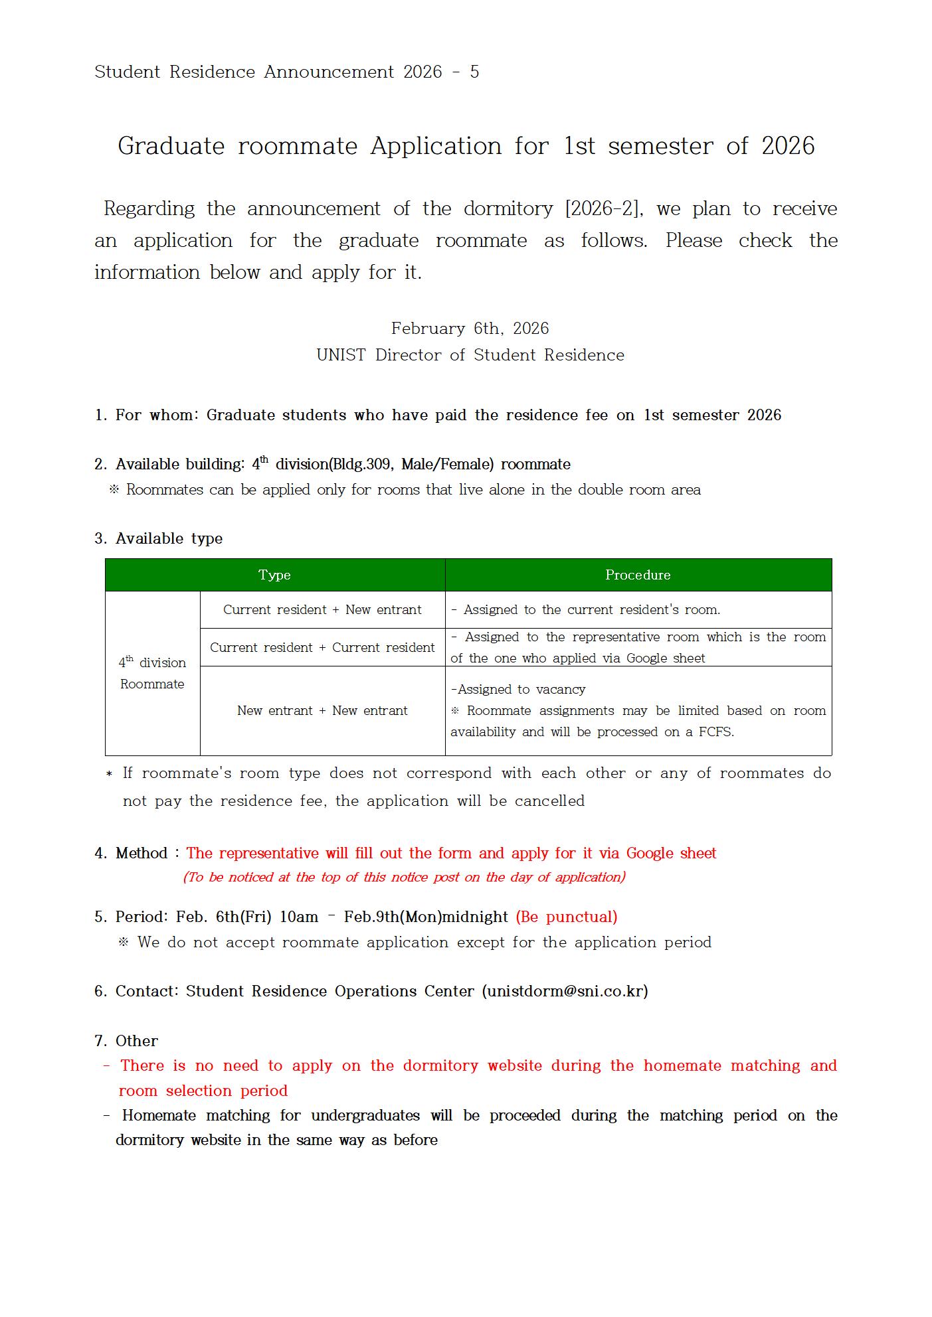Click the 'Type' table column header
point(274,575)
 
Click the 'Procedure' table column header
point(638,575)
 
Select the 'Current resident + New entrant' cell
point(322,609)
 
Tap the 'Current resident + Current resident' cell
point(322,647)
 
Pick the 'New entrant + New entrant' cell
point(322,710)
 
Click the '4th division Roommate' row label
point(152,673)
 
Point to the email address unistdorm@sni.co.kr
point(565,991)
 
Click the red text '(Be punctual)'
point(567,917)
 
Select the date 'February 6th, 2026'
point(470,329)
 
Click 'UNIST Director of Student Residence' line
point(470,355)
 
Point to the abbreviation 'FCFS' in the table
point(715,732)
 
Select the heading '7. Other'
point(126,1041)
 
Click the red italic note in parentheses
point(404,877)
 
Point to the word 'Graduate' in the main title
point(171,146)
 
